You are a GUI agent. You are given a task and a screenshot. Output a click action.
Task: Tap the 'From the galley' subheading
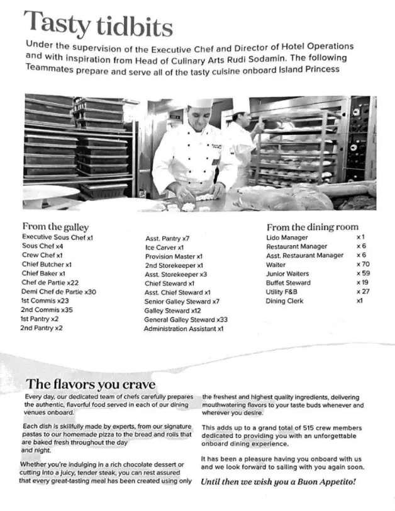pyautogui.click(x=55, y=227)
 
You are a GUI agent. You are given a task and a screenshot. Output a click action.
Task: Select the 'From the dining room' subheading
pyautogui.click(x=312, y=227)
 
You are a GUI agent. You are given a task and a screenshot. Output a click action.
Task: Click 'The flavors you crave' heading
pyautogui.click(x=91, y=384)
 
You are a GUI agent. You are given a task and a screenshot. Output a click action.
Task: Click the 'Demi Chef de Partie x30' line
pyautogui.click(x=58, y=292)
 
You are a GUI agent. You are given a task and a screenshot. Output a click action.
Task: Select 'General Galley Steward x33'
pyautogui.click(x=186, y=319)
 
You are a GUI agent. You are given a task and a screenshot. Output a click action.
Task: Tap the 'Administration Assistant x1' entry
pyautogui.click(x=184, y=329)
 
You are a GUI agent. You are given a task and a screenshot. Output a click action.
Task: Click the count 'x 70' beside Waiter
pyautogui.click(x=362, y=265)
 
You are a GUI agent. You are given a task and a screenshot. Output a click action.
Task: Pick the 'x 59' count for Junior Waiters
pyautogui.click(x=362, y=273)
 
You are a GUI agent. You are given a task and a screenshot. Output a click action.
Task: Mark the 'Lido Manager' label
pyautogui.click(x=287, y=238)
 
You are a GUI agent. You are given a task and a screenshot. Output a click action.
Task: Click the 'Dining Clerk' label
pyautogui.click(x=284, y=301)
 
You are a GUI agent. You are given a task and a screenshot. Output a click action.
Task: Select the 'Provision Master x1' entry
pyautogui.click(x=174, y=256)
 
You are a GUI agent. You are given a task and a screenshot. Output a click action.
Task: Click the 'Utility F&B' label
pyautogui.click(x=284, y=292)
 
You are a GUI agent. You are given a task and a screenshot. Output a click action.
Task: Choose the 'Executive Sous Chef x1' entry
pyautogui.click(x=57, y=238)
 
